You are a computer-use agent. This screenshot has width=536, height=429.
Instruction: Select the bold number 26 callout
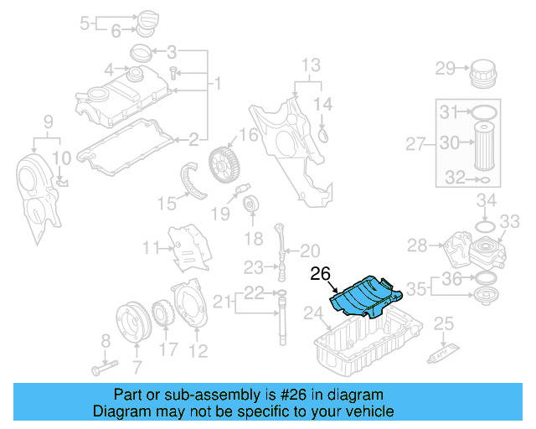(321, 273)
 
